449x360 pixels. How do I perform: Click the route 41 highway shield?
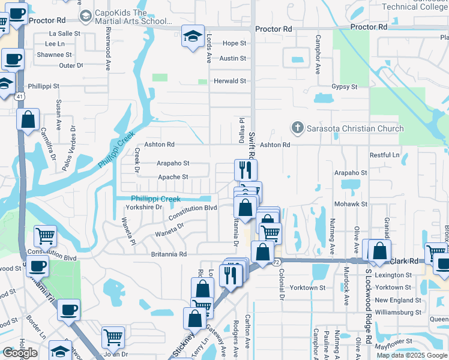(20, 96)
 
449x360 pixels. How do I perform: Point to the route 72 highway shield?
(276, 262)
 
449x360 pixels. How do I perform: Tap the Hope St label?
(234, 43)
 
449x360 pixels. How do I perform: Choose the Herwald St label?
(231, 81)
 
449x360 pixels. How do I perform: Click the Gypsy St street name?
(345, 86)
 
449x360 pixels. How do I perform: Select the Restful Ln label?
(385, 155)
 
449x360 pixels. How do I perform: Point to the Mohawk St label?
(351, 204)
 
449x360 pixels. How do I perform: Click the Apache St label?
(173, 177)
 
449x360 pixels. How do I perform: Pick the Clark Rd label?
(408, 262)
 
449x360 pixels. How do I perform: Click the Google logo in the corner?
(20, 353)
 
